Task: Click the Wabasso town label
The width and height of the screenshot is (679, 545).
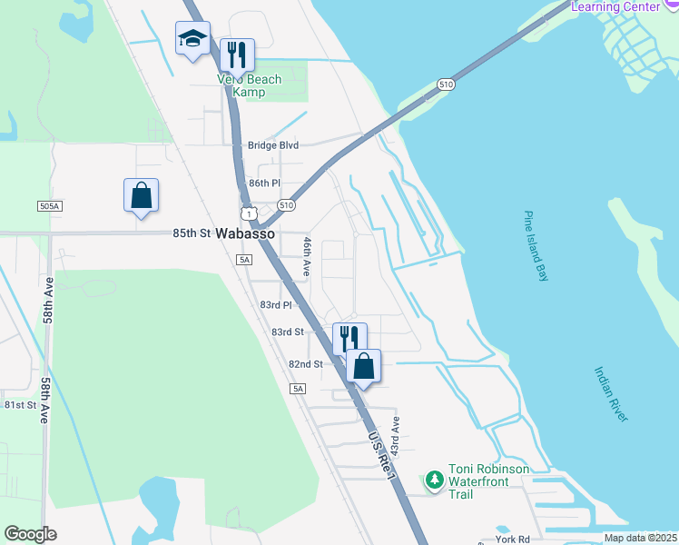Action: click(x=245, y=233)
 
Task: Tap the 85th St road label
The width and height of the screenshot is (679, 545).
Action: click(x=192, y=233)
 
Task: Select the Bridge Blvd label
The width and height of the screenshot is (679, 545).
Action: click(x=273, y=145)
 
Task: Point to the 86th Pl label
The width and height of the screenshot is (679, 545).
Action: click(x=265, y=183)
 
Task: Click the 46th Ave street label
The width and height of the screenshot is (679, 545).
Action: click(x=307, y=256)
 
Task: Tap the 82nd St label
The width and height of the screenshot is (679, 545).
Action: click(x=306, y=364)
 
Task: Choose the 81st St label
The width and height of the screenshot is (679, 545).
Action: click(x=20, y=405)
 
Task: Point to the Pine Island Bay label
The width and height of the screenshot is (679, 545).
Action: click(x=536, y=246)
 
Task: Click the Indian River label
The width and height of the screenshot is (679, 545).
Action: click(x=611, y=393)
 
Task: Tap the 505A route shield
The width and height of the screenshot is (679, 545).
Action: click(x=50, y=207)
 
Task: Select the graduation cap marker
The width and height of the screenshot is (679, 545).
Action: click(x=192, y=39)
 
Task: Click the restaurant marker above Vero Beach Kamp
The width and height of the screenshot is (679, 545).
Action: click(x=237, y=54)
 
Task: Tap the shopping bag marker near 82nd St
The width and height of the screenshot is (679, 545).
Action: click(x=363, y=366)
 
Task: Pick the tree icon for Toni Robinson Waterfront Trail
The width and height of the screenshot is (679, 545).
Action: click(x=435, y=479)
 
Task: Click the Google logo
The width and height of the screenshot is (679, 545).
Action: click(x=30, y=534)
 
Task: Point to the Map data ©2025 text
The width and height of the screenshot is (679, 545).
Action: click(x=641, y=538)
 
